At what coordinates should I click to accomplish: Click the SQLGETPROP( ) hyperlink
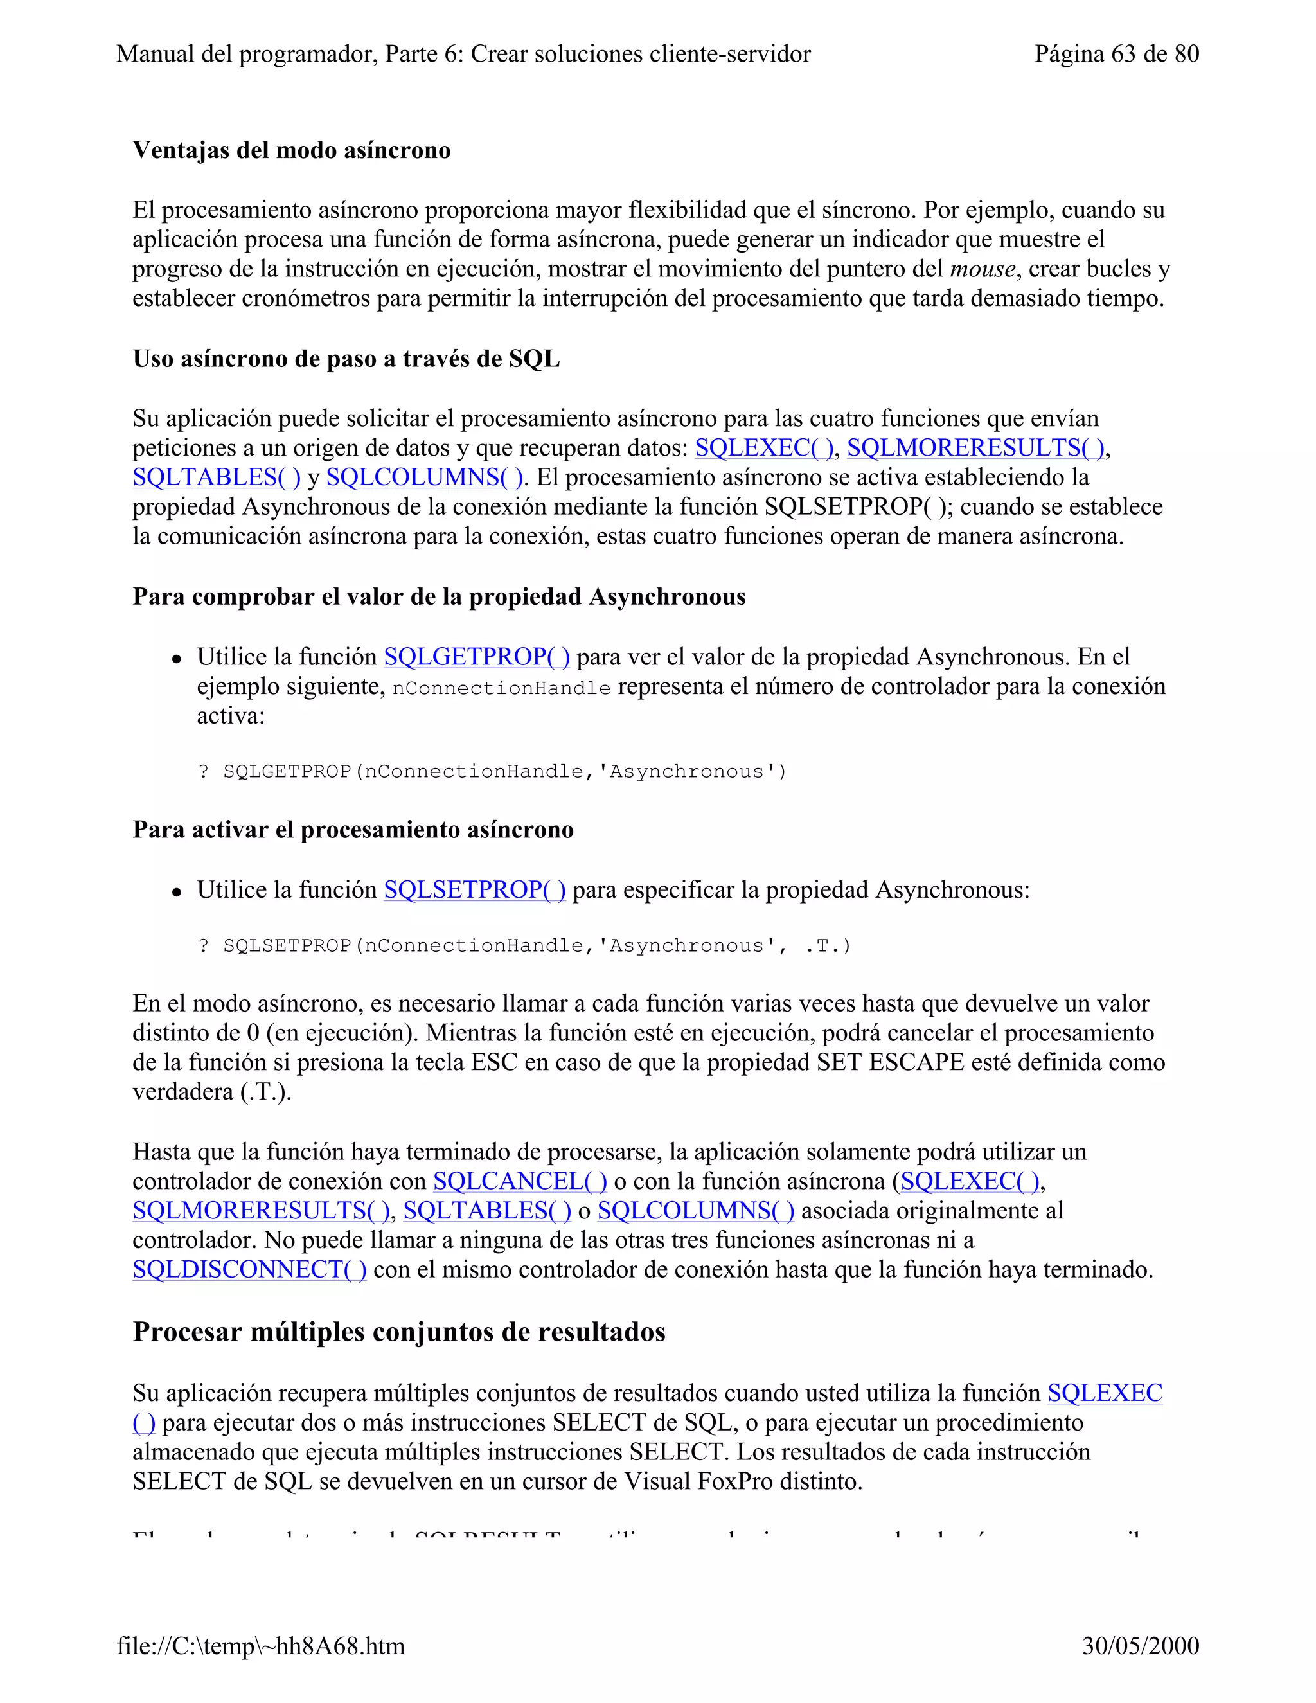(x=476, y=657)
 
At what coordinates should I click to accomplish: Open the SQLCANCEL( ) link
(x=520, y=1181)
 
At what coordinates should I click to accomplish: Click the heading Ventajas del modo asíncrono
(x=292, y=150)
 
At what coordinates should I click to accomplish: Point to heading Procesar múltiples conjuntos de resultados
(x=399, y=1332)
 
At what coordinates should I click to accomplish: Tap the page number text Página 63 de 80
(x=1116, y=54)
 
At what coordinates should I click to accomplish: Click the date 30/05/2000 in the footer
(x=1140, y=1645)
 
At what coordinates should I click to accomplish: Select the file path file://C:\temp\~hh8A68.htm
(x=261, y=1645)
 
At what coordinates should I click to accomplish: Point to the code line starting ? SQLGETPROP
(x=492, y=772)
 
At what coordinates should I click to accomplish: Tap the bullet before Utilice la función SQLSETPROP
(x=178, y=892)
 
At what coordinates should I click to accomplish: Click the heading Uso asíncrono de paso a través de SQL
(x=346, y=359)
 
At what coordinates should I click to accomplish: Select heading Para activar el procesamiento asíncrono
(x=353, y=830)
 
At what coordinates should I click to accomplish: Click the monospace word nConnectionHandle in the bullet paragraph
(x=501, y=688)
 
